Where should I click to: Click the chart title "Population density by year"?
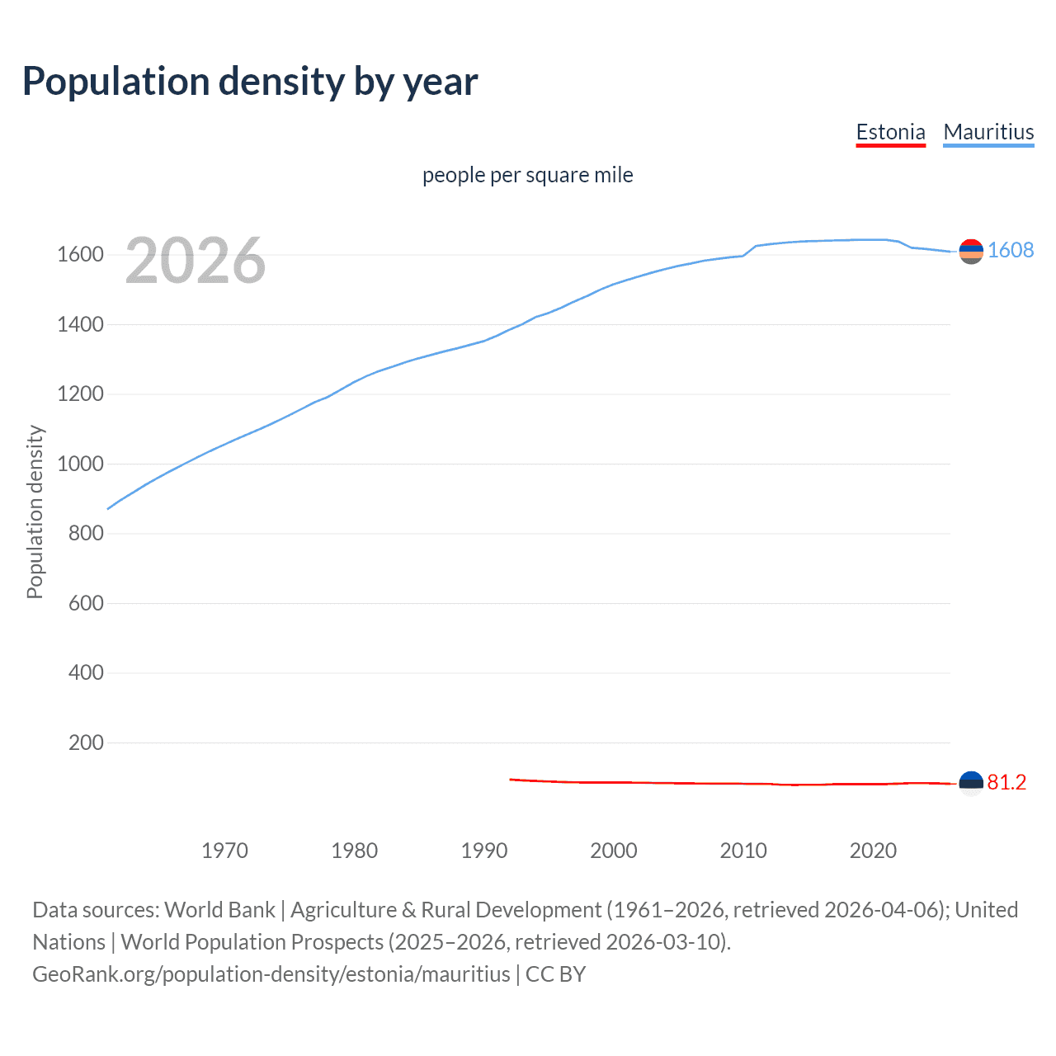pyautogui.click(x=250, y=82)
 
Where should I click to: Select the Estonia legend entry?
pyautogui.click(x=890, y=132)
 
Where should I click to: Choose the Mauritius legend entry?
pyautogui.click(x=988, y=132)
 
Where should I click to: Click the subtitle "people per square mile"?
pyautogui.click(x=527, y=175)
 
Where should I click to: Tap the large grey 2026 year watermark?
pyautogui.click(x=196, y=261)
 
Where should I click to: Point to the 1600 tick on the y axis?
pyautogui.click(x=80, y=254)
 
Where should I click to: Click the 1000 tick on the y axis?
pyautogui.click(x=80, y=464)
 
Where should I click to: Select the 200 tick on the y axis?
pyautogui.click(x=86, y=742)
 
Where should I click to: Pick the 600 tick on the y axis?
pyautogui.click(x=86, y=603)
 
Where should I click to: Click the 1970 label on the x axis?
pyautogui.click(x=224, y=851)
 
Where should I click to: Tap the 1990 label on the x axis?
pyautogui.click(x=484, y=851)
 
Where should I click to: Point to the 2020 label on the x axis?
pyautogui.click(x=873, y=851)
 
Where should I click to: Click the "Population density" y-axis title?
pyautogui.click(x=35, y=511)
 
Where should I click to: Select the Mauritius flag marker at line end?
pyautogui.click(x=971, y=251)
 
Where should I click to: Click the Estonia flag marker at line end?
pyautogui.click(x=971, y=783)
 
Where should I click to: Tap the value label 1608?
pyautogui.click(x=1011, y=250)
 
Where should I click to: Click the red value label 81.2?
pyautogui.click(x=1006, y=782)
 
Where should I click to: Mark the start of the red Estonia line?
pyautogui.click(x=511, y=779)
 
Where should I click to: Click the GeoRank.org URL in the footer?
pyautogui.click(x=271, y=974)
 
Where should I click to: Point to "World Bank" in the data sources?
pyautogui.click(x=219, y=910)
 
